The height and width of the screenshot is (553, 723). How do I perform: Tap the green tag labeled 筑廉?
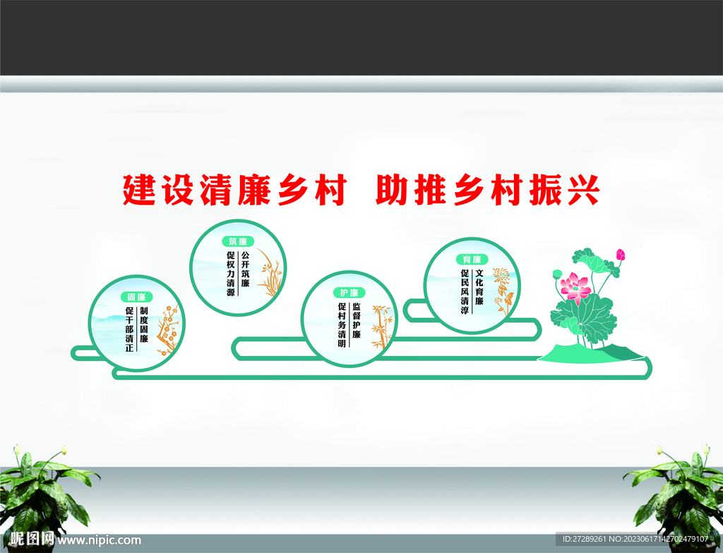pyautogui.click(x=238, y=242)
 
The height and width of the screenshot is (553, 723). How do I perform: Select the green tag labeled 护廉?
pyautogui.click(x=349, y=292)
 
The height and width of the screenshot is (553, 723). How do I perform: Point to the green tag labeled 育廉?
pyautogui.click(x=472, y=259)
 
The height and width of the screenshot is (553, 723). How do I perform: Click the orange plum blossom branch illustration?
pyautogui.click(x=167, y=328)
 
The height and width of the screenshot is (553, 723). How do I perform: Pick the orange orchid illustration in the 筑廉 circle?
pyautogui.click(x=270, y=272)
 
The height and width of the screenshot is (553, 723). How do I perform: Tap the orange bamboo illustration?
pyautogui.click(x=381, y=326)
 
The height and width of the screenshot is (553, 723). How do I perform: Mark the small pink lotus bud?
pyautogui.click(x=621, y=254)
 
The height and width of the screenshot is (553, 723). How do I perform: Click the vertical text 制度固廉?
pyautogui.click(x=144, y=326)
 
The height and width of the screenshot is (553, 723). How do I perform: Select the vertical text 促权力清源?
pyautogui.click(x=230, y=273)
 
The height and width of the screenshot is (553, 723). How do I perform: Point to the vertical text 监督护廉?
pyautogui.click(x=357, y=321)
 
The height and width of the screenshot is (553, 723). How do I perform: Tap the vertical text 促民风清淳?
pyautogui.click(x=465, y=291)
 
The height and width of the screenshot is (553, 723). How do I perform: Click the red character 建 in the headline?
pyautogui.click(x=139, y=189)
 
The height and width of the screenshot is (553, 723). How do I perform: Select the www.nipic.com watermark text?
pyautogui.click(x=99, y=540)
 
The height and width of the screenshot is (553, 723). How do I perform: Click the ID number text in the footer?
pyautogui.click(x=633, y=540)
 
